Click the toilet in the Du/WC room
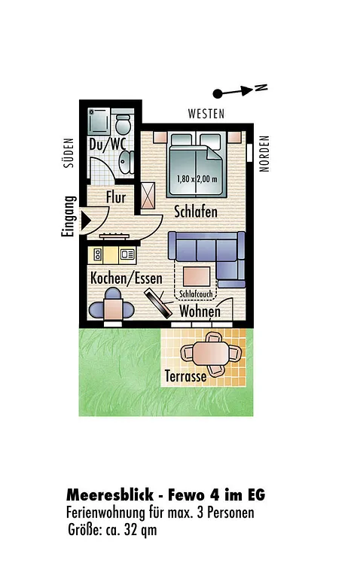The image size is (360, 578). (x=124, y=123)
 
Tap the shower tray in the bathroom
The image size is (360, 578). (x=99, y=121)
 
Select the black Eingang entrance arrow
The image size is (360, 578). (x=86, y=221)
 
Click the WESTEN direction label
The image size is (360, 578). (x=206, y=114)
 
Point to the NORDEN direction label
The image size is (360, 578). (x=264, y=154)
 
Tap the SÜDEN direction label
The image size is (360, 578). (x=69, y=153)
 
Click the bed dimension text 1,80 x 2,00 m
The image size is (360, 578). (x=197, y=179)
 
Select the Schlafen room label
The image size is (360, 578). (x=196, y=212)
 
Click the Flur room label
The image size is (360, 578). (x=116, y=197)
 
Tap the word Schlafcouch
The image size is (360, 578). (x=197, y=294)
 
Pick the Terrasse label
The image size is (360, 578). (x=185, y=376)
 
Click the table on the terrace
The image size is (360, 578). (x=211, y=353)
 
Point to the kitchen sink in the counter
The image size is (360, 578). (x=127, y=254)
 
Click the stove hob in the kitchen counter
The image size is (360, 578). (x=97, y=254)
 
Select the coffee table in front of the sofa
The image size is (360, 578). (x=197, y=276)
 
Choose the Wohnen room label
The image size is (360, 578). (x=200, y=312)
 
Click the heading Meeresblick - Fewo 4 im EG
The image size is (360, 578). (x=166, y=494)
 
